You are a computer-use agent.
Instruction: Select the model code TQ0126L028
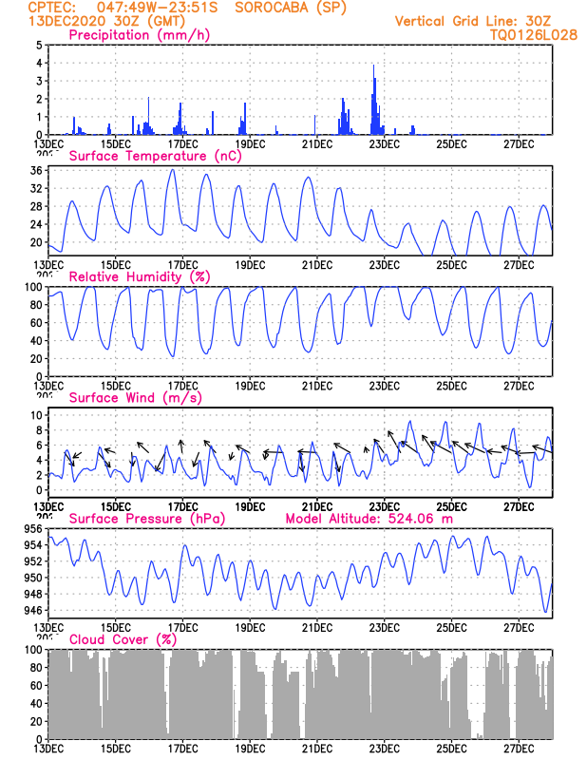coord(534,34)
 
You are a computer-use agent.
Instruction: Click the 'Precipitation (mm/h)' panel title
coord(140,35)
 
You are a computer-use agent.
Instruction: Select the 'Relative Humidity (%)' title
coord(140,276)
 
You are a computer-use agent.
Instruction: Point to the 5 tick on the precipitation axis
coord(39,45)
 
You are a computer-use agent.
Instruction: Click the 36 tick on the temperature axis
coord(35,170)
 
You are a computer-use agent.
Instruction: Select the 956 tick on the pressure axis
coord(31,528)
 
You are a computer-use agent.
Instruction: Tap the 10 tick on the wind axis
coord(35,415)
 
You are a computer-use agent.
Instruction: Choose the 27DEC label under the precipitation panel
coord(519,143)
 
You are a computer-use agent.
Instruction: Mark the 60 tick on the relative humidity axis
coord(35,322)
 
